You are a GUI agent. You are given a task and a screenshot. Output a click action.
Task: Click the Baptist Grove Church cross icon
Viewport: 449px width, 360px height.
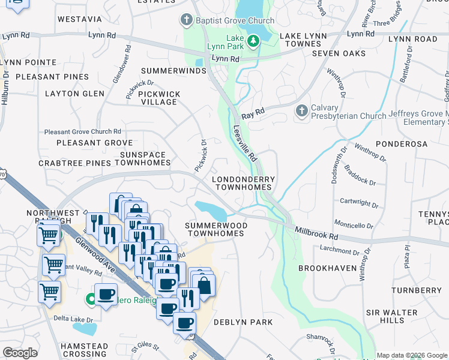188,20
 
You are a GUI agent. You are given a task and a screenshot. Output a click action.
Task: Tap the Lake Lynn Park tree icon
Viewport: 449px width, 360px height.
253,40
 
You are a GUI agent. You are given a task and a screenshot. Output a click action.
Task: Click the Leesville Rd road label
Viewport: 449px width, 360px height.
245,143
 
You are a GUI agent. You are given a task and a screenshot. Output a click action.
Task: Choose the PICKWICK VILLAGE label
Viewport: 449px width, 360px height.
158,98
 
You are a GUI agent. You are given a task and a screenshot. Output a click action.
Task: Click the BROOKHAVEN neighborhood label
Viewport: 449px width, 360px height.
327,268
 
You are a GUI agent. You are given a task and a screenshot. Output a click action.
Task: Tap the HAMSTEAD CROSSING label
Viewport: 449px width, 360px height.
84,350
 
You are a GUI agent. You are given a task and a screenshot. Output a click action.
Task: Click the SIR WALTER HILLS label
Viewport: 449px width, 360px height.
392,316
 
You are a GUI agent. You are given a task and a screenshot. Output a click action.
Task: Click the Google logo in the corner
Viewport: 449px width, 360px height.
20,353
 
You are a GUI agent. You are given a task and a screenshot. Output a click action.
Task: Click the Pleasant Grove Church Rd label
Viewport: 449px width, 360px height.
83,131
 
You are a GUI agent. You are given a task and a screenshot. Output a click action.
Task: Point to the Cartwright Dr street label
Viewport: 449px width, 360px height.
358,203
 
